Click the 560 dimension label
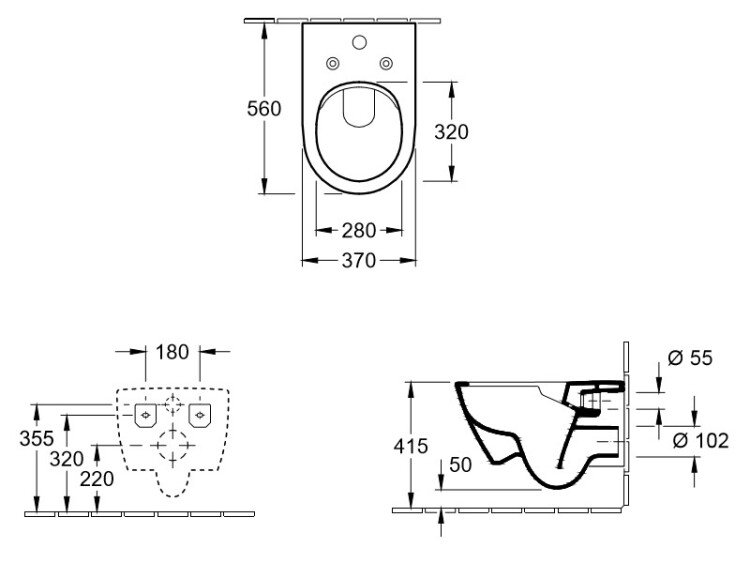coord(264,109)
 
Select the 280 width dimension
coord(359,231)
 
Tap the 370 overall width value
coord(359,261)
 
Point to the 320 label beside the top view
coord(451,132)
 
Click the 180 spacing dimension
coord(172,352)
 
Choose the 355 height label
coord(36,439)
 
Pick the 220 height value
coord(97,479)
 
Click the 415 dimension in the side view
coord(410,446)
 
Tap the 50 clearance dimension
coord(461,464)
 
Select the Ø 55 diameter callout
coord(690,358)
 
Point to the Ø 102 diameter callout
coord(701,441)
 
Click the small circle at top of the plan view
coord(359,43)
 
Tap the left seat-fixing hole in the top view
coord(332,63)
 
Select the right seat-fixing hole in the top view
coord(386,63)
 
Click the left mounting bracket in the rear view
coord(145,415)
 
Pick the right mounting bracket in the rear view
coord(200,415)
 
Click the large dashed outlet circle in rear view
coord(173,445)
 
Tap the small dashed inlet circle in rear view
coord(173,405)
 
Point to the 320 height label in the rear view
coord(67,459)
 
